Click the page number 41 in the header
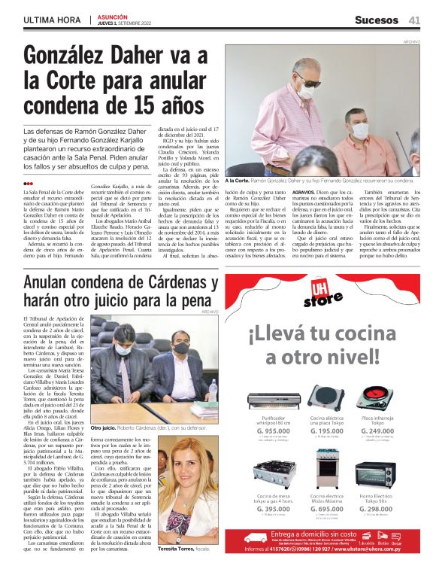[x=415, y=20]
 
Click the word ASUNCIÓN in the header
[x=112, y=16]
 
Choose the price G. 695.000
[x=326, y=510]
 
